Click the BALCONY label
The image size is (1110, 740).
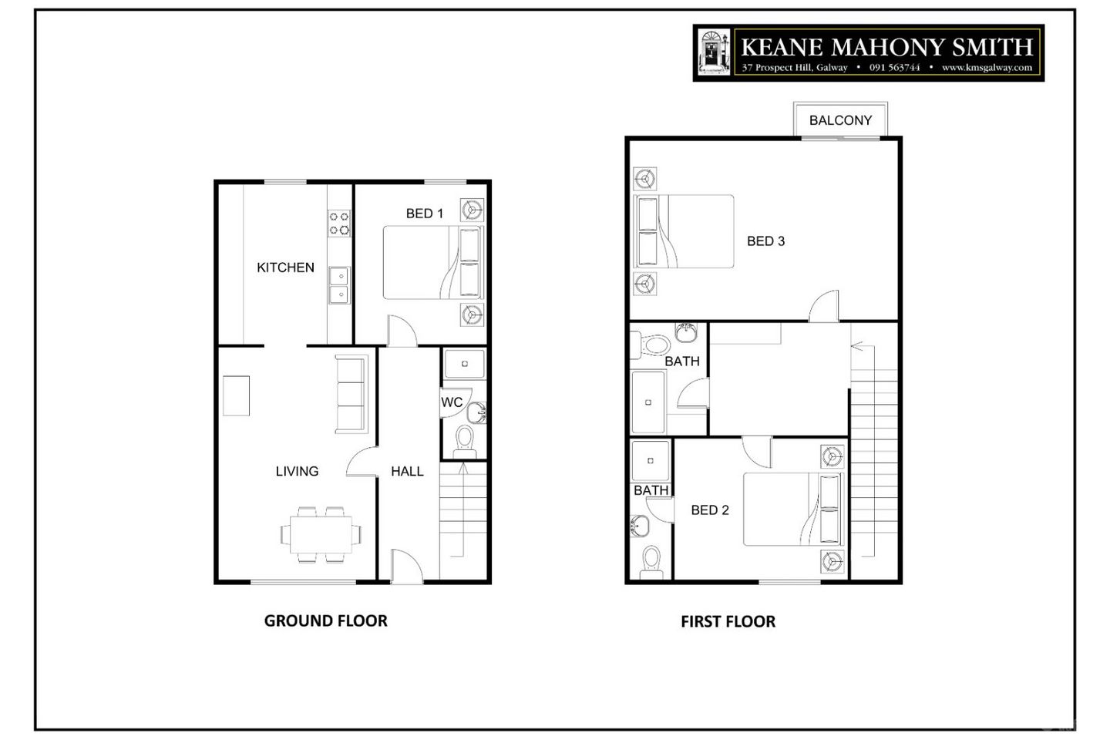[x=840, y=120]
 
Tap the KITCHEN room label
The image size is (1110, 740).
[x=285, y=267]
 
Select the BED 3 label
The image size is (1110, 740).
[x=765, y=241]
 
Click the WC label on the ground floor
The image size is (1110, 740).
[x=452, y=402]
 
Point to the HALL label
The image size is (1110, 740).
[x=407, y=471]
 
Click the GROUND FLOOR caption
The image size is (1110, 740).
[x=325, y=621]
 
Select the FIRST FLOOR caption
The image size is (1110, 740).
[x=728, y=621]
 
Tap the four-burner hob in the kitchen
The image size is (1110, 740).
[x=339, y=224]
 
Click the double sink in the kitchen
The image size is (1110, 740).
[x=339, y=285]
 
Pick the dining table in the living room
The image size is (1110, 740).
[x=321, y=535]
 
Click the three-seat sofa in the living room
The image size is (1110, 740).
[x=351, y=394]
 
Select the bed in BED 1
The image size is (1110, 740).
[x=433, y=263]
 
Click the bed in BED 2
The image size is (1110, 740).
[x=793, y=510]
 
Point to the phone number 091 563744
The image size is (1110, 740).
[x=894, y=67]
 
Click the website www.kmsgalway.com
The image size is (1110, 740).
[x=987, y=67]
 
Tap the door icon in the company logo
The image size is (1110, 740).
[x=714, y=52]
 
